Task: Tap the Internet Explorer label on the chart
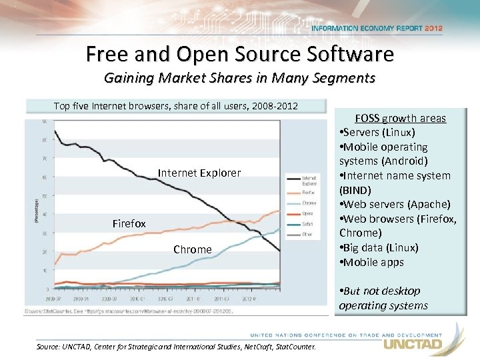pos(199,173)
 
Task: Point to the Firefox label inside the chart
pos(129,224)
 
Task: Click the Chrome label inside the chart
pos(192,249)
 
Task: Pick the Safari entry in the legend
pos(309,224)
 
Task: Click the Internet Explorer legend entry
pos(310,181)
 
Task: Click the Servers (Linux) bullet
pos(377,133)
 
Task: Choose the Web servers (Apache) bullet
pos(395,204)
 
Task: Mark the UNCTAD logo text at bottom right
pos(413,345)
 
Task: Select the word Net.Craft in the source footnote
pos(245,347)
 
